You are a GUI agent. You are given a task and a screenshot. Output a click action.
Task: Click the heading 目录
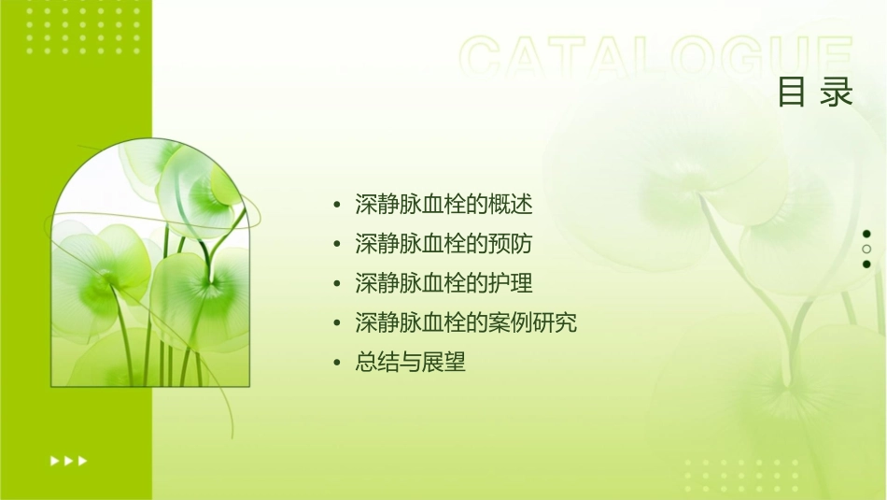(x=815, y=93)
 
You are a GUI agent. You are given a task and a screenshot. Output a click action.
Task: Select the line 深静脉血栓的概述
(x=443, y=204)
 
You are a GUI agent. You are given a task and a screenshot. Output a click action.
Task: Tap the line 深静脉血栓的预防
(x=443, y=244)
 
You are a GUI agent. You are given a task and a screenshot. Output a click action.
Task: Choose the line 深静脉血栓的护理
(x=443, y=283)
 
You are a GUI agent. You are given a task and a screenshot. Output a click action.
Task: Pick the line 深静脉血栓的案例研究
(x=466, y=323)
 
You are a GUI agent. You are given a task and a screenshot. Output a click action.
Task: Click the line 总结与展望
(x=410, y=363)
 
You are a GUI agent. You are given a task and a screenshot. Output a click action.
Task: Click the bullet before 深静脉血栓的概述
(x=337, y=205)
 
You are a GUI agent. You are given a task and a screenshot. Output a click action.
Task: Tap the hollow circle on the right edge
(x=866, y=249)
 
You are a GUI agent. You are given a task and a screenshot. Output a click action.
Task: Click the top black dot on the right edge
(x=866, y=234)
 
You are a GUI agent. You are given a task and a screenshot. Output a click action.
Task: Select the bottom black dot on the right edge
(x=866, y=264)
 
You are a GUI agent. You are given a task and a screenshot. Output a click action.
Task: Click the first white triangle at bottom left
(x=54, y=461)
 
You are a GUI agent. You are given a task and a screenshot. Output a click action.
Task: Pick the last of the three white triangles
(x=83, y=461)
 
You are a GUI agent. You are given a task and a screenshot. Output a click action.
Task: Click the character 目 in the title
(x=792, y=93)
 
